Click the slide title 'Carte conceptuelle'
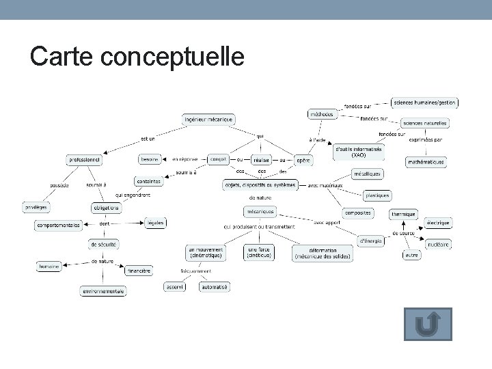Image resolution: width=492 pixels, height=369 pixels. pos(137,57)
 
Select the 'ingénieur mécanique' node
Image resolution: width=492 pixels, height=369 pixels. pos(208,119)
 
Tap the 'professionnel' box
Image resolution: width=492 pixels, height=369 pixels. pos(84,159)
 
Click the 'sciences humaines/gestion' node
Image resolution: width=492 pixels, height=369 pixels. pos(424,102)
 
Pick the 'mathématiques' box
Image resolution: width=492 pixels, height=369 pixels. pos(426,162)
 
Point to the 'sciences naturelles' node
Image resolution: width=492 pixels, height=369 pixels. pos(424,123)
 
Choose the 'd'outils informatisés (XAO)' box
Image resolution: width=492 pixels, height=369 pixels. pos(359,151)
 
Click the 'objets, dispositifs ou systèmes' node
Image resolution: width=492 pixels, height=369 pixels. pos(260,184)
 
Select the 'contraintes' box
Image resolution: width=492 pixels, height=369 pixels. pos(148,181)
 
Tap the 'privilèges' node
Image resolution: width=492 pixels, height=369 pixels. pos(36,206)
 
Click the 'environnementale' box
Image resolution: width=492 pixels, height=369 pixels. pos(103,291)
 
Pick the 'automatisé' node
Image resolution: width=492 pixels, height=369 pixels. pos(215,287)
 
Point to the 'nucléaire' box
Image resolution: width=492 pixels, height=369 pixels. pos(437,244)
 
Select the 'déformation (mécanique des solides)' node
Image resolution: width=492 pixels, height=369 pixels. pos(322,254)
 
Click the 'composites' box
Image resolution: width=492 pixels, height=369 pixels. pos(357,213)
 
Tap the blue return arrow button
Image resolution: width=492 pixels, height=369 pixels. pos(428,324)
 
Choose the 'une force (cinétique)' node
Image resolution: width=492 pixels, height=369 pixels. pos(259,253)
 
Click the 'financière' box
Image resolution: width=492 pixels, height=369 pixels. pos(138,271)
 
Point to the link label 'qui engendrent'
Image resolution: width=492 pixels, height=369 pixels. pos(133,195)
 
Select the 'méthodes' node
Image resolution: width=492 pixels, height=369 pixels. pos(322,114)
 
